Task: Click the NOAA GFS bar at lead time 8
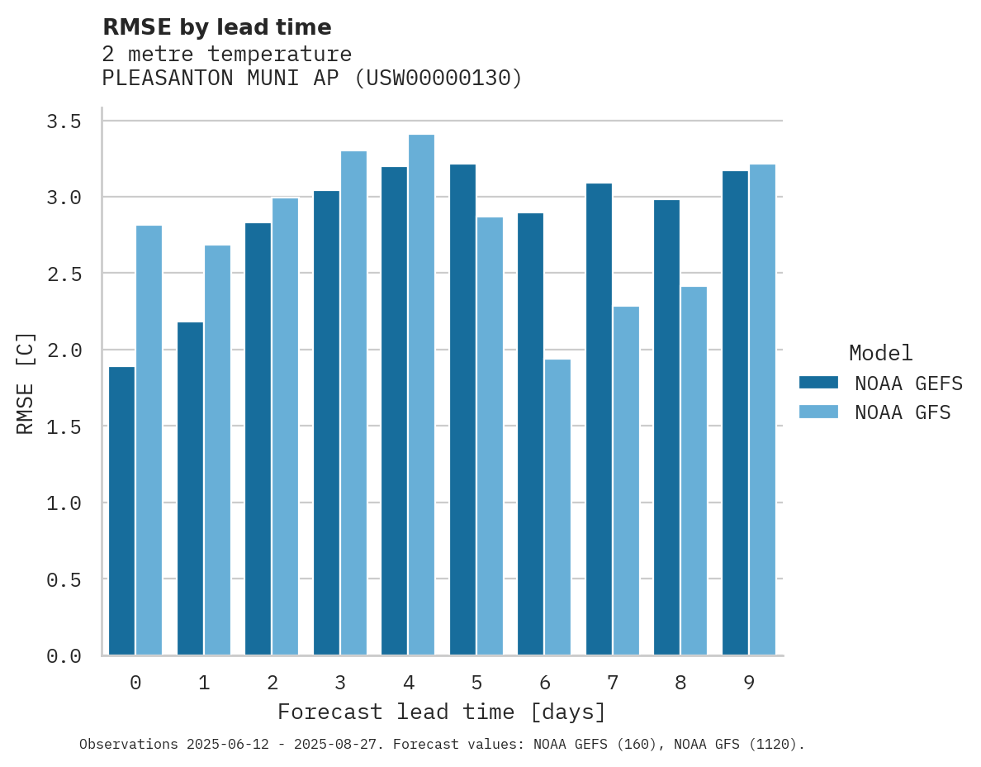coord(694,470)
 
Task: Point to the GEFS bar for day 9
coord(735,412)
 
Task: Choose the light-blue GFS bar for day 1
coord(217,450)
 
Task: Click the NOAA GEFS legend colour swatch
coord(818,383)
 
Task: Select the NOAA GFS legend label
coord(903,412)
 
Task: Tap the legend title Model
coord(880,353)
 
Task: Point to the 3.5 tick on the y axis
coord(64,121)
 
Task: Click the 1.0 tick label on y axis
coord(64,503)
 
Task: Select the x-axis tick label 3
coord(340,683)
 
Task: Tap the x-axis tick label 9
coord(748,683)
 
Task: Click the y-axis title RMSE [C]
coord(26,383)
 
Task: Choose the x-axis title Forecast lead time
coord(442,712)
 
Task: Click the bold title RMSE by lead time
coord(216,27)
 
